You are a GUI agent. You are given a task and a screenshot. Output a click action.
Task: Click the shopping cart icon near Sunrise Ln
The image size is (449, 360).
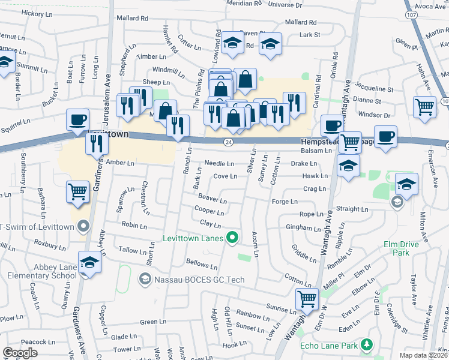click(x=307, y=298)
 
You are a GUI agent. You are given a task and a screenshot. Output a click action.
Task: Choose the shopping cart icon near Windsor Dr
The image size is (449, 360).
click(x=424, y=106)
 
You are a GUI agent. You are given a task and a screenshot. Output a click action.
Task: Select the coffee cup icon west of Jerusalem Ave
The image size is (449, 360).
click(x=77, y=119)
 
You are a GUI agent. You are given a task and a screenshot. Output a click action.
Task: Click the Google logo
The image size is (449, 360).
click(x=20, y=353)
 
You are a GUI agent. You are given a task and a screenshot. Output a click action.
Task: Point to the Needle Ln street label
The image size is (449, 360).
click(x=219, y=163)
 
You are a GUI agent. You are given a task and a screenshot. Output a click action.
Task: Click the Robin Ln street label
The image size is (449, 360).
click(x=134, y=226)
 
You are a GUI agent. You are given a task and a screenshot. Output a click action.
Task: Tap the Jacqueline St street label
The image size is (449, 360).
click(x=375, y=89)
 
